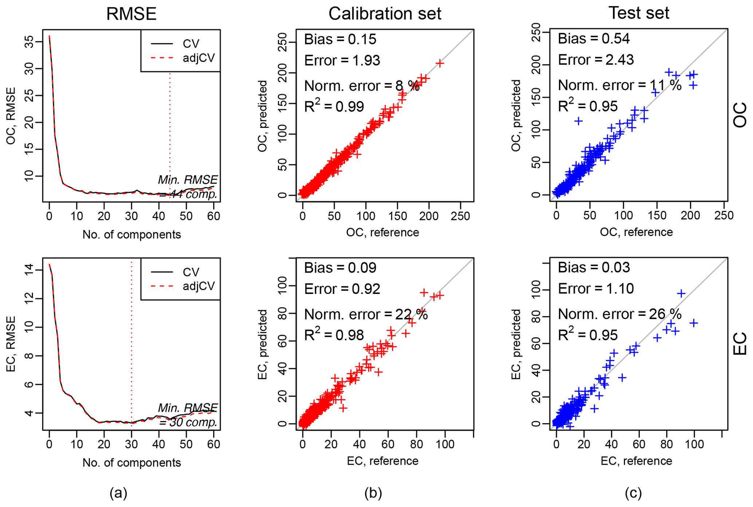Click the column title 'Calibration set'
(385, 14)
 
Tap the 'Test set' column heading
(639, 13)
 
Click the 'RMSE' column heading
(131, 14)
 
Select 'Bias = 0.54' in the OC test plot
(593, 39)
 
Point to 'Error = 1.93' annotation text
(342, 60)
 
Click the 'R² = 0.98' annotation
(334, 335)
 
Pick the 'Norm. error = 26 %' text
(620, 314)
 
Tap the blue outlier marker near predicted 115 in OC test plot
(578, 121)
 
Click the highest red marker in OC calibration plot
(440, 63)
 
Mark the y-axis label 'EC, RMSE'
(11, 344)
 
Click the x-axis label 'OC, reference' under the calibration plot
(383, 232)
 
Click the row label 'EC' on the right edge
(740, 344)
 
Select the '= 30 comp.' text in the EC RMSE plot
(188, 422)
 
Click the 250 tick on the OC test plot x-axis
(724, 216)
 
